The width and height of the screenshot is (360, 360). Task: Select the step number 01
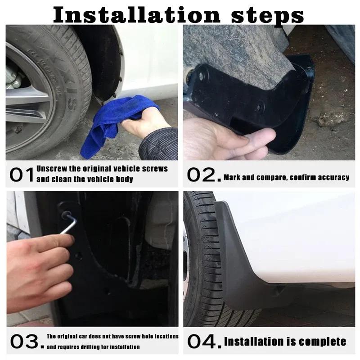click(21, 175)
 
